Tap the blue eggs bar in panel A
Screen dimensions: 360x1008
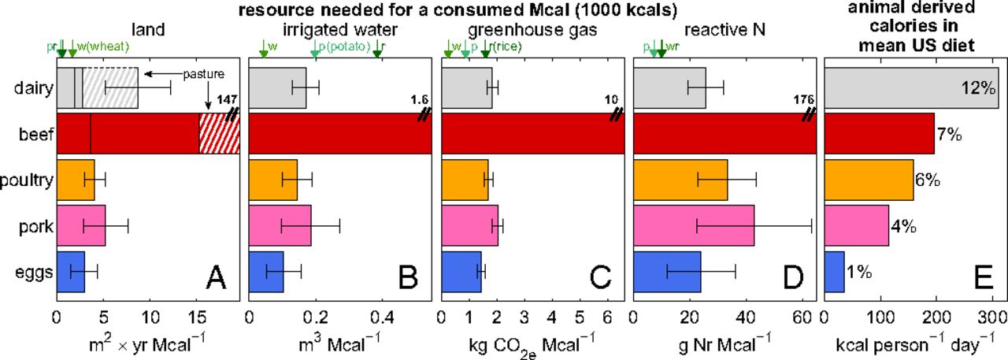coord(70,273)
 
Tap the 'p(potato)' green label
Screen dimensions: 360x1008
coord(345,46)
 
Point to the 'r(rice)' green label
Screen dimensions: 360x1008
coord(504,46)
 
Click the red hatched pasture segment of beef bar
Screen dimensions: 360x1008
coord(219,134)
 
